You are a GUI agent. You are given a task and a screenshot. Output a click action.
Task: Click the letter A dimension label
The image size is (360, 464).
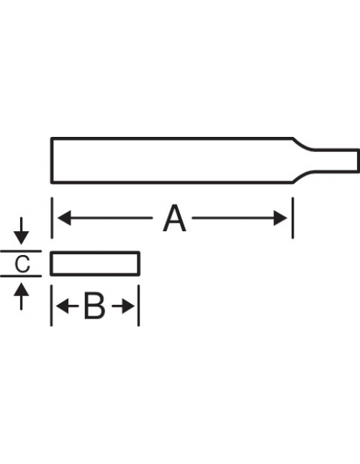click(174, 218)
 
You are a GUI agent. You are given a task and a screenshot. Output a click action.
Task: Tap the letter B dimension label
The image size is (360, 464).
click(94, 306)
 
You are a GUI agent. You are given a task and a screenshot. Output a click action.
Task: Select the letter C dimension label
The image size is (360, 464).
click(22, 264)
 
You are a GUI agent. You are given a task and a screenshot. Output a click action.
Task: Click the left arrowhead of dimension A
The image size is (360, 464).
click(64, 218)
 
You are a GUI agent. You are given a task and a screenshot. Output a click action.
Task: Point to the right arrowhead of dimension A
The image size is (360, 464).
click(280, 218)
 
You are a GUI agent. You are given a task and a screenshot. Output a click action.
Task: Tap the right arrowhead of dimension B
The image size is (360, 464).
click(127, 306)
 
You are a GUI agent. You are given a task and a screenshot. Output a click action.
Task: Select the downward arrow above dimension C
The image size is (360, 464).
click(21, 231)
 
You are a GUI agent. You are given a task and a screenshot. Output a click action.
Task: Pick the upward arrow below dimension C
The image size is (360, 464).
click(21, 296)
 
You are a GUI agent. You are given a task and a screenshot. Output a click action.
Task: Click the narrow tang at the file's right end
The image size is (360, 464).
click(336, 160)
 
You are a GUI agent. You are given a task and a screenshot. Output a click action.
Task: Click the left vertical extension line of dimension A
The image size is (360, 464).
click(52, 218)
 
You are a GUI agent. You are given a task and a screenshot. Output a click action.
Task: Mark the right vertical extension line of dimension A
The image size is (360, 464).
click(293, 218)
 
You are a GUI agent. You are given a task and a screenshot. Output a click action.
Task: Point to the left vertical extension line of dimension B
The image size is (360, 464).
click(51, 305)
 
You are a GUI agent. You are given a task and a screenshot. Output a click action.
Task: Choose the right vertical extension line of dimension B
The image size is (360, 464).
click(139, 305)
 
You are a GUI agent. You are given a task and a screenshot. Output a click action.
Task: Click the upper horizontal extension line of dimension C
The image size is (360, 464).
click(21, 251)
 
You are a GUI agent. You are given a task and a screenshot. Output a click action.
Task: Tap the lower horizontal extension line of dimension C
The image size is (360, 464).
click(21, 276)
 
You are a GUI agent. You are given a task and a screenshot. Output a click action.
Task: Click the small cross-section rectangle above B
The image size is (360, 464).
click(95, 264)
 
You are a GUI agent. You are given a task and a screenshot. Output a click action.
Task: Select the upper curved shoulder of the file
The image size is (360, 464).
click(302, 144)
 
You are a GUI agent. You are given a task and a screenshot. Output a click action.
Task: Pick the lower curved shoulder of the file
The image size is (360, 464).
click(302, 176)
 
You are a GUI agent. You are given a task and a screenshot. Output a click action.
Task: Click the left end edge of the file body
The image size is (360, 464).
click(52, 161)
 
